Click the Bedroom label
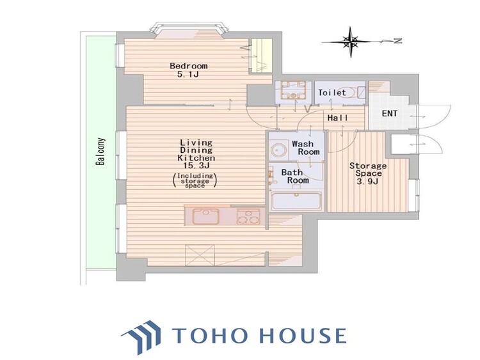point(189,66)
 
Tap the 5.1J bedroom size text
point(188,74)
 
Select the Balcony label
point(100,152)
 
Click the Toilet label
point(332,92)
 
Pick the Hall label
point(338,118)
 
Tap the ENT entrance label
point(390,113)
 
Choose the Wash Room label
point(305,148)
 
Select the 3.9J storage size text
point(368,182)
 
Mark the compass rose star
point(351,42)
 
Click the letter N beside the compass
point(397,41)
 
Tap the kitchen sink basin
point(205,216)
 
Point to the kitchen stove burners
point(248,217)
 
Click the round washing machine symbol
point(279,150)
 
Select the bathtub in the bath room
point(296,201)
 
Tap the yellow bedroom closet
point(260,56)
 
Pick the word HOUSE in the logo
point(303,335)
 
